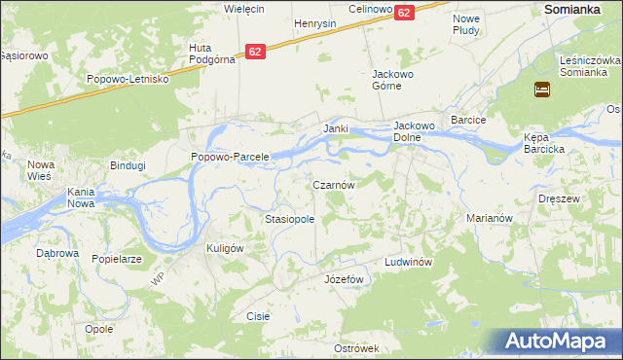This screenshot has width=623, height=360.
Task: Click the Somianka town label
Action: point(578,8)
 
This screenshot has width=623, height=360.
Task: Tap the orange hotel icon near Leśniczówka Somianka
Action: point(542,90)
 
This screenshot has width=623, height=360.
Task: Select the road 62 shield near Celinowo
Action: point(405,12)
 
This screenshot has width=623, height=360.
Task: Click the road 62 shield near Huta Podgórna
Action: point(255,52)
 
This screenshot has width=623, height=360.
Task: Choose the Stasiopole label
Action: point(289,220)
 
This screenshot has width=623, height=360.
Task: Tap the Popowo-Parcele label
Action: point(229,157)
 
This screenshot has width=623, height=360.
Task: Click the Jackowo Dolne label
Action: point(420,131)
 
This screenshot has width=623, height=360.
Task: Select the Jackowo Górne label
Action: point(393,79)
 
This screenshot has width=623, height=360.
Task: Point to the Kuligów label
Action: point(224,248)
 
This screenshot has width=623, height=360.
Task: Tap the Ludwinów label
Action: point(407,263)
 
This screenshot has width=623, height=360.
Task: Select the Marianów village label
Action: point(490,219)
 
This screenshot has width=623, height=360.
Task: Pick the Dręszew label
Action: point(559,198)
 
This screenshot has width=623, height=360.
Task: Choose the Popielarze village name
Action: point(117,260)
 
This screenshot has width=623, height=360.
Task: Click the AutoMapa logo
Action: point(556,342)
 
